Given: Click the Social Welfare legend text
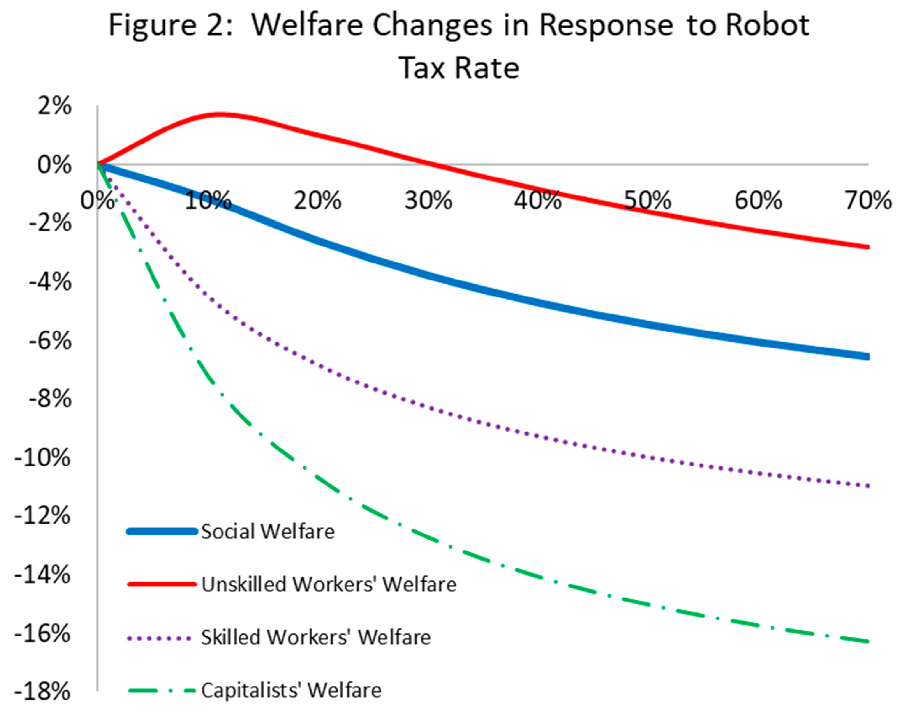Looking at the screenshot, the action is [x=268, y=532].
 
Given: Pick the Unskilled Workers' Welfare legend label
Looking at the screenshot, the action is [x=329, y=584].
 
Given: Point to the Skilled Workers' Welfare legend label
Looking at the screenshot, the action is [x=316, y=637].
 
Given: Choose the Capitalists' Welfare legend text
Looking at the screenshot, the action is [x=291, y=690].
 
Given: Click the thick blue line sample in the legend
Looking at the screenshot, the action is [x=162, y=532].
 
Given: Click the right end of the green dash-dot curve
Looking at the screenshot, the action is [x=868, y=641].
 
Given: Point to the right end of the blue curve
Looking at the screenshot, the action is [x=868, y=356].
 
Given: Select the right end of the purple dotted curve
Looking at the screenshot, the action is [x=868, y=486].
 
